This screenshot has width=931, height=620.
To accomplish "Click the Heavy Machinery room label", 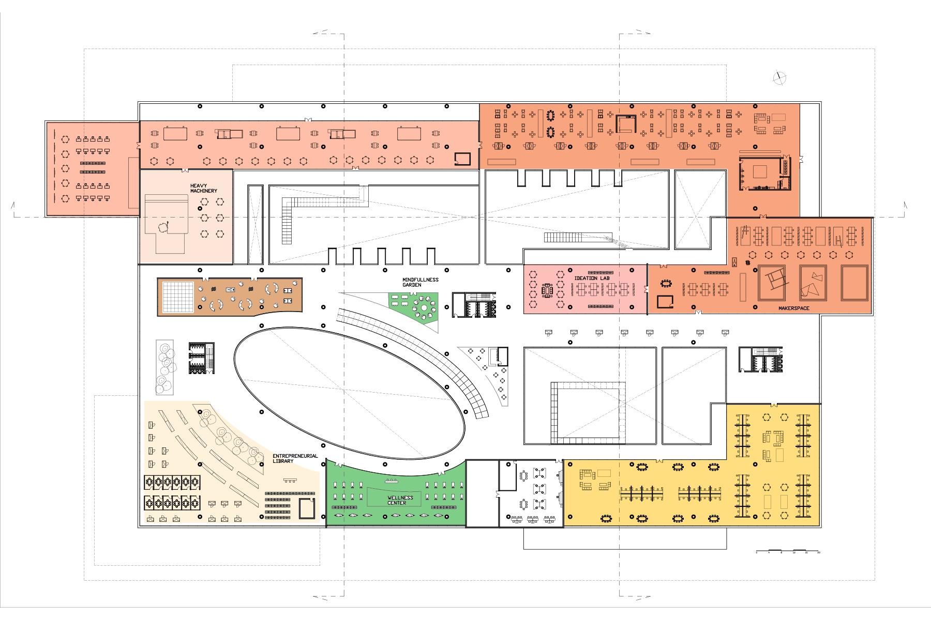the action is click(203, 188).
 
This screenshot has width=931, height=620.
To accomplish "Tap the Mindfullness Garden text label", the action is click(420, 282).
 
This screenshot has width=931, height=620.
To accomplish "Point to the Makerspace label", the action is click(793, 308).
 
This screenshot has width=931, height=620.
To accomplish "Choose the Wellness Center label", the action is click(400, 500).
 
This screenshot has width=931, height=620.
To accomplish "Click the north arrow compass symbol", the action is click(779, 78).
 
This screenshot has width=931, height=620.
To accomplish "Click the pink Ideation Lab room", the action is click(584, 289).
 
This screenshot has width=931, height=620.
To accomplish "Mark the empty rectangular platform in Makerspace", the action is click(854, 283).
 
